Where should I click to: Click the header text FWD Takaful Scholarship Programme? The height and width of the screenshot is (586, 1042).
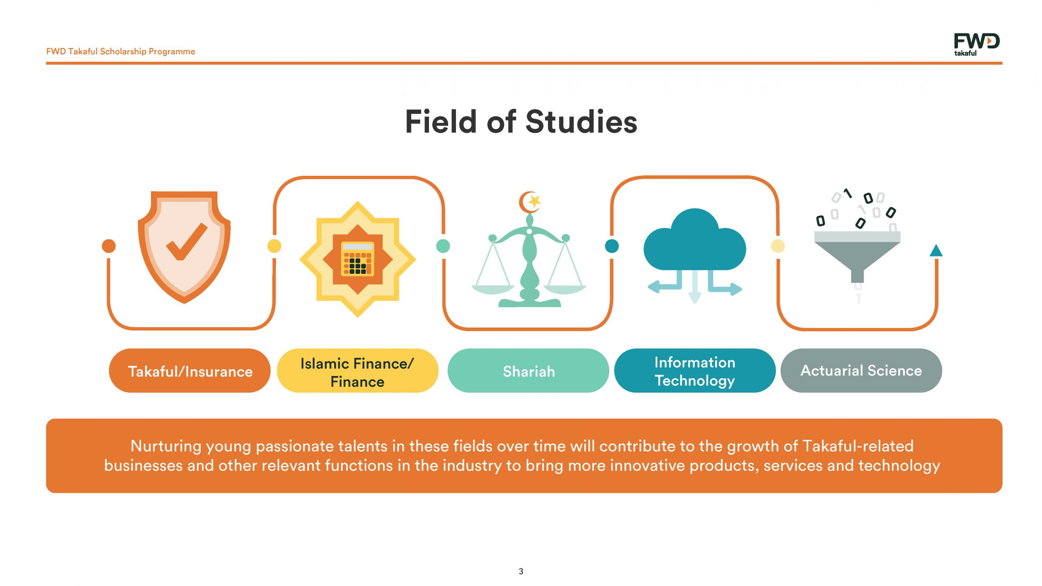[120, 52]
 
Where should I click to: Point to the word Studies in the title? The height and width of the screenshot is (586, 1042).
[581, 122]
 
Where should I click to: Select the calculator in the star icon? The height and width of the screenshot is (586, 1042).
[357, 259]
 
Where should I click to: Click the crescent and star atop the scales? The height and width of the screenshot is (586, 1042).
[530, 202]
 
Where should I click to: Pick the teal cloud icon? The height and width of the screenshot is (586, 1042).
[695, 240]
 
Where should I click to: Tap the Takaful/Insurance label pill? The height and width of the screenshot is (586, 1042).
[190, 370]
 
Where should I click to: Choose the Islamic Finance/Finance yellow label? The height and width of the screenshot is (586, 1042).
[357, 370]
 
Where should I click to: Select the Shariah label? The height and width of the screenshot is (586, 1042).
[528, 370]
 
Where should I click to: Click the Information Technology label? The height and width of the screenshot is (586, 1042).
[695, 370]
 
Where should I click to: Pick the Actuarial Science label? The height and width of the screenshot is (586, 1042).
[861, 370]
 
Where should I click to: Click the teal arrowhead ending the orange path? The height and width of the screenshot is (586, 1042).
[936, 251]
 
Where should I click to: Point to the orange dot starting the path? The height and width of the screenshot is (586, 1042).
[109, 246]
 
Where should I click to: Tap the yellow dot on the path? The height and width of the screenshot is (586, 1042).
[274, 246]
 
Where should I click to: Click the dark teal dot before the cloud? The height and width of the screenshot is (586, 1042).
[612, 246]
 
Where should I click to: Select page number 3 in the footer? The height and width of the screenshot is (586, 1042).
[521, 571]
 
